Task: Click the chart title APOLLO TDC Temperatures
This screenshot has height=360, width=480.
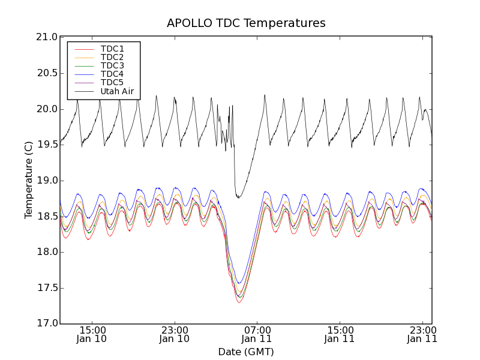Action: click(x=246, y=23)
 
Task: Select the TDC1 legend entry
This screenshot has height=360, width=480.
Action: click(x=112, y=49)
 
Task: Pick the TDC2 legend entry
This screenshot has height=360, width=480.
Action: click(x=112, y=57)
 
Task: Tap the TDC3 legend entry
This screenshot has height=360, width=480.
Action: click(x=112, y=65)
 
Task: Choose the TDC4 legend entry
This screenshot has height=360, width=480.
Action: click(x=112, y=74)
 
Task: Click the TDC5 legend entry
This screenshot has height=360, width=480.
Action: click(x=112, y=83)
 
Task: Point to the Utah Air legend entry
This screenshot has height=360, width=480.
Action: click(x=117, y=92)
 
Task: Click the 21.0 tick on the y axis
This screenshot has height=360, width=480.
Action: click(x=45, y=37)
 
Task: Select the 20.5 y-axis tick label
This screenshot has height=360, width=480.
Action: click(x=45, y=73)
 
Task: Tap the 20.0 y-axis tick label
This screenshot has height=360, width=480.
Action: click(x=45, y=109)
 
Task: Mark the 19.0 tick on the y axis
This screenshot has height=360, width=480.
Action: click(x=45, y=181)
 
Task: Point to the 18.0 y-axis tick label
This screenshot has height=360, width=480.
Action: click(x=45, y=252)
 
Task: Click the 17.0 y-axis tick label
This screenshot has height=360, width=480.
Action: click(x=45, y=323)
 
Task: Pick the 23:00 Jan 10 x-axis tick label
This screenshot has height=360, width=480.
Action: click(x=175, y=334)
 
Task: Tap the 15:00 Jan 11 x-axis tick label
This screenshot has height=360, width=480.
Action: click(x=340, y=334)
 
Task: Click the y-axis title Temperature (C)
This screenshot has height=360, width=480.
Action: click(x=29, y=180)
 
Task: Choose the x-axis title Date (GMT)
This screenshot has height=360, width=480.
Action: click(x=246, y=352)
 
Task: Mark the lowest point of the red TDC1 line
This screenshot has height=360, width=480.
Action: click(x=239, y=302)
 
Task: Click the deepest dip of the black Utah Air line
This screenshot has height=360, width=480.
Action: click(x=238, y=198)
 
